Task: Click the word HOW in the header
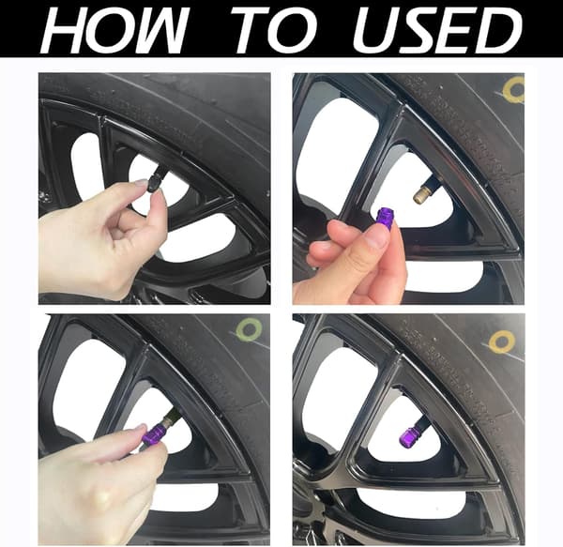pyautogui.click(x=115, y=31)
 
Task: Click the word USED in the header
pyautogui.click(x=436, y=31)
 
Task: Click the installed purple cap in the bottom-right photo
pyautogui.click(x=408, y=433)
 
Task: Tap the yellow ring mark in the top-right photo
pyautogui.click(x=514, y=90)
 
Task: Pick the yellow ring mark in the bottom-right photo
pyautogui.click(x=502, y=341)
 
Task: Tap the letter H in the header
pyautogui.click(x=61, y=31)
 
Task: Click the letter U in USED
pyautogui.click(x=373, y=31)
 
